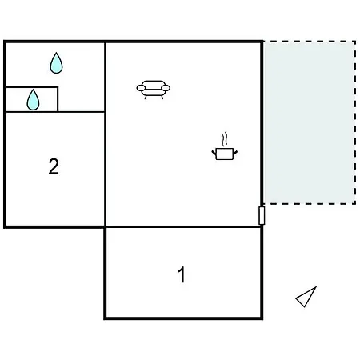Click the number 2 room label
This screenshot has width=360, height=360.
[54, 166]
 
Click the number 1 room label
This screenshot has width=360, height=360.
[182, 274]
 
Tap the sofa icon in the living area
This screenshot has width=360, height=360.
[154, 90]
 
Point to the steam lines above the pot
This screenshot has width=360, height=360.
[225, 139]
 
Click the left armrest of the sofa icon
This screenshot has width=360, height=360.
[141, 88]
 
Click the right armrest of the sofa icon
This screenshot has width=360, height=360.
[166, 88]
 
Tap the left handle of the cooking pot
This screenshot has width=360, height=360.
[214, 153]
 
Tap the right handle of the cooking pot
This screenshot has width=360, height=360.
[235, 153]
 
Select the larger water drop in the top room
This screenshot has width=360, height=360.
[56, 63]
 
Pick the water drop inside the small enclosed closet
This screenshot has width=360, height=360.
[33, 100]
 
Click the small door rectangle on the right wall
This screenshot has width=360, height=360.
[262, 215]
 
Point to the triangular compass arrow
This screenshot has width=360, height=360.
[306, 298]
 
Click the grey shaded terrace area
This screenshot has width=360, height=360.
[310, 122]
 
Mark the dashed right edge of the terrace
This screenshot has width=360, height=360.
[355, 122]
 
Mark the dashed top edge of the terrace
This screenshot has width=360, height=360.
[310, 42]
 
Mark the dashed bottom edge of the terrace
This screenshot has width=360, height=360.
[310, 204]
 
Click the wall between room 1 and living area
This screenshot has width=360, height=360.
[183, 227]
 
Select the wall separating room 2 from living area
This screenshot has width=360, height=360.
[105, 170]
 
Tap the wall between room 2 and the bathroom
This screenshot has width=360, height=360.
[55, 112]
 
